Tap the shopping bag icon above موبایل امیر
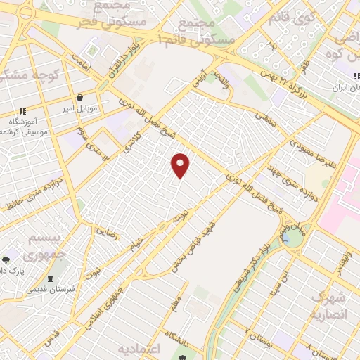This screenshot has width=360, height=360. coord(79,98)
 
